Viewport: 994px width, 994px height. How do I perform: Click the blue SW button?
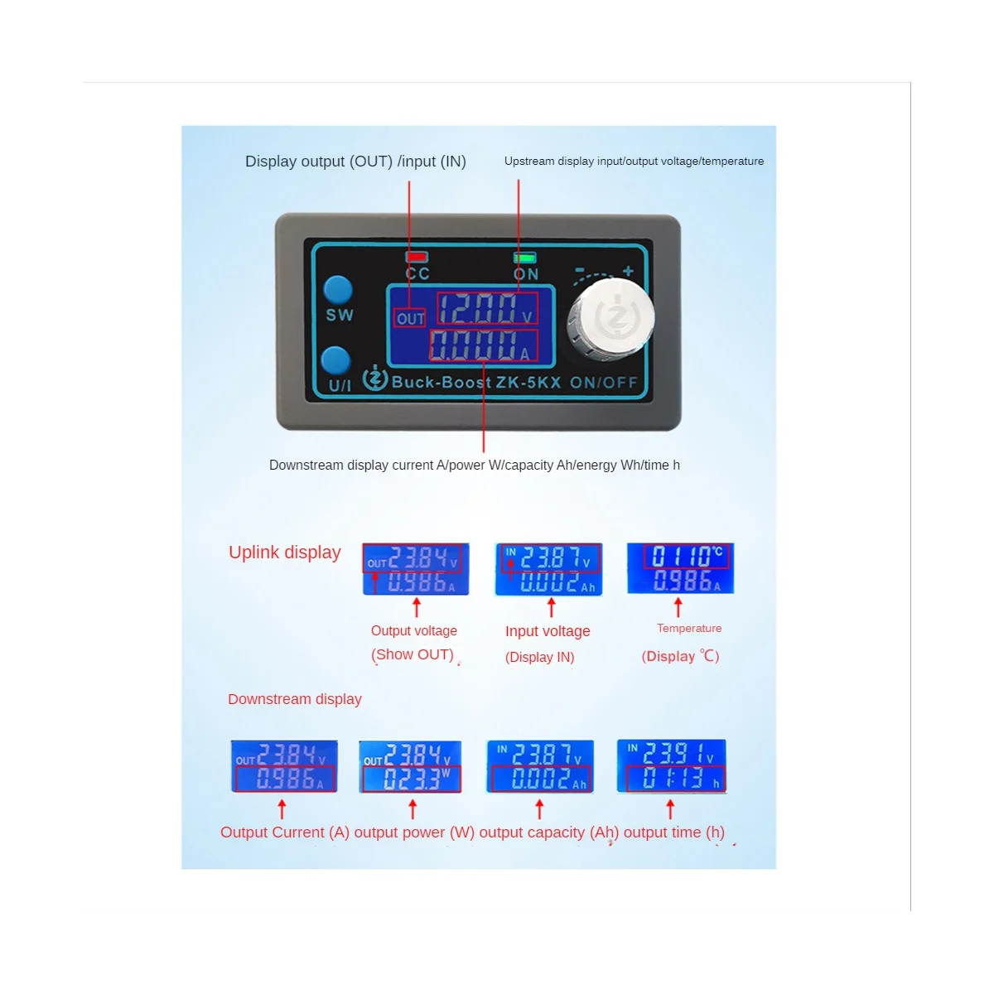tap(338, 290)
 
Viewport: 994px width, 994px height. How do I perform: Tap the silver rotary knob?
tap(610, 319)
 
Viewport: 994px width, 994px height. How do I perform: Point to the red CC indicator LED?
tap(417, 258)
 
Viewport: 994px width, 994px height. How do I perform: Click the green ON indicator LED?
tap(525, 258)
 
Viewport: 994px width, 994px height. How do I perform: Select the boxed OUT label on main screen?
tap(410, 318)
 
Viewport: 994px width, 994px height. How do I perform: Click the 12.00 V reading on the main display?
tap(485, 309)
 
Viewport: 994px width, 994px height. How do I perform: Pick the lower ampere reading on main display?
tap(483, 345)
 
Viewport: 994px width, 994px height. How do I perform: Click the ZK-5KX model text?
tap(528, 383)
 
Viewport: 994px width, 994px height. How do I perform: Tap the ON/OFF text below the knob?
tap(604, 383)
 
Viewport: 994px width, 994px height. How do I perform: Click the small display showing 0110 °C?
tap(680, 568)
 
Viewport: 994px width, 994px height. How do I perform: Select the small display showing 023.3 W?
tap(410, 767)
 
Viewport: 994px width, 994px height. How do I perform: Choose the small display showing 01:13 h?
tap(671, 766)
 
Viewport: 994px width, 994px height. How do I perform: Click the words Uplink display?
tap(284, 552)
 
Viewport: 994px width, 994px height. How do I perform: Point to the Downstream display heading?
tap(294, 699)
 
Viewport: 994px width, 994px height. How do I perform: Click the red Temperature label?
tap(689, 629)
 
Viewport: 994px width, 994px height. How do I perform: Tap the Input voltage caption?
tap(548, 631)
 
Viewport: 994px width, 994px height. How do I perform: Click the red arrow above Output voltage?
tap(417, 608)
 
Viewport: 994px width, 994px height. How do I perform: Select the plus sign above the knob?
tap(628, 272)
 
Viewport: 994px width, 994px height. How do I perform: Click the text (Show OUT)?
tap(413, 654)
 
